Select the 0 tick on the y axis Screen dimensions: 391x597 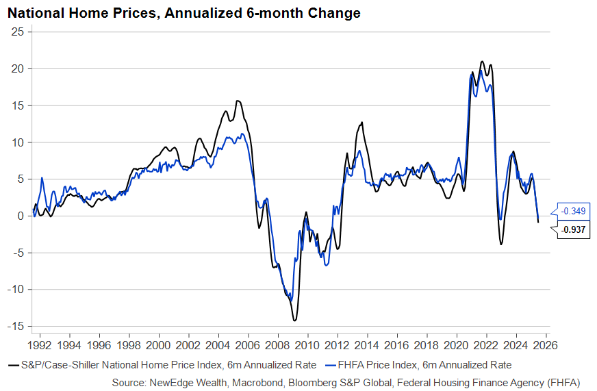21,216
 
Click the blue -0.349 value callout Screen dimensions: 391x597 573,211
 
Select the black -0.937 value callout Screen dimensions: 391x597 573,230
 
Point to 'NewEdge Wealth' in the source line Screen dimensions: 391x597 266,381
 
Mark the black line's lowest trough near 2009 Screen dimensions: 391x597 294,320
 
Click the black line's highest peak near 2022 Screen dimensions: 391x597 482,62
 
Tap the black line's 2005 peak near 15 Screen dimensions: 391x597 238,101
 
